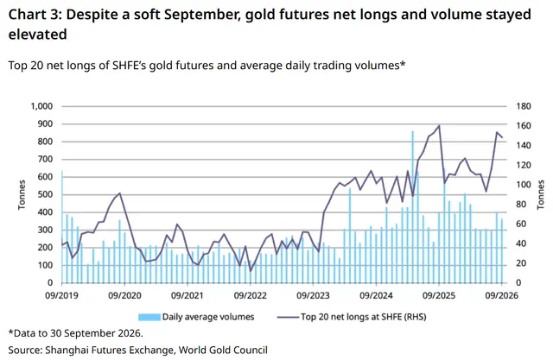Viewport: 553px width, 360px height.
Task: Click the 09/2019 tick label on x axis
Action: tap(61, 295)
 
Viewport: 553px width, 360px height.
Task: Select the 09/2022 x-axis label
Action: tap(251, 295)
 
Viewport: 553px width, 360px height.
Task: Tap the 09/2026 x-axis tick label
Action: tap(501, 295)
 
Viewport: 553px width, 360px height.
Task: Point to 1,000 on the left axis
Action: tap(41, 106)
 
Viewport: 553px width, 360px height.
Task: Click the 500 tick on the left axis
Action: tap(45, 195)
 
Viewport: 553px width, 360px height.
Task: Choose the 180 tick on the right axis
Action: tap(524, 106)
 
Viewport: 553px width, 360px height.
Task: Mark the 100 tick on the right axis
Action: tap(524, 185)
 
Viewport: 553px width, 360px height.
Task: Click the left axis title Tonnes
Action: tap(22, 194)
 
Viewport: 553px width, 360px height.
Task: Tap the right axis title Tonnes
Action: tap(540, 194)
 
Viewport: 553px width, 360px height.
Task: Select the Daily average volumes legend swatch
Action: tap(149, 317)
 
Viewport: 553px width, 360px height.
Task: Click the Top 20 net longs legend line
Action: tap(288, 317)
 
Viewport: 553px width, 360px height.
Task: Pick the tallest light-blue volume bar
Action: tap(412, 207)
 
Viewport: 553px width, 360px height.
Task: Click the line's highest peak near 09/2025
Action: tap(439, 125)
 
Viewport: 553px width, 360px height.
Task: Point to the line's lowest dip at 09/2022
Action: tap(251, 271)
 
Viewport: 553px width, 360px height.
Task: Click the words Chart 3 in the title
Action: tap(35, 15)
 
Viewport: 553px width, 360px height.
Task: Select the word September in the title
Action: tap(200, 16)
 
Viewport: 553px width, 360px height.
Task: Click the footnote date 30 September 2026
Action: tap(96, 333)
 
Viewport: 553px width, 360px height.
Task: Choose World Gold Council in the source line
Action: tap(223, 351)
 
